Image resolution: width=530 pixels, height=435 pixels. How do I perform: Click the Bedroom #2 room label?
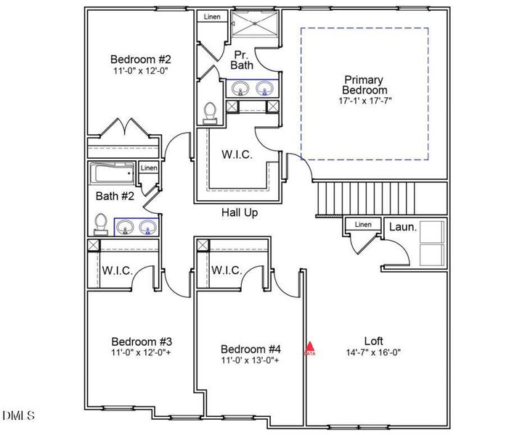[x=141, y=59]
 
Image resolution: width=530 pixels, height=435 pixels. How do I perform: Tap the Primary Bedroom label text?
[x=366, y=85]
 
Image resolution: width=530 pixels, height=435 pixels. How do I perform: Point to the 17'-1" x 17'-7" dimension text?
[x=366, y=100]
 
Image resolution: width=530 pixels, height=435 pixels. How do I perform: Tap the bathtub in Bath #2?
[x=112, y=174]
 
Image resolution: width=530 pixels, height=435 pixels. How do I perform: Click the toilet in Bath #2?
[x=102, y=223]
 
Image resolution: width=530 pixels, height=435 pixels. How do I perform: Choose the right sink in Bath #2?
[x=148, y=227]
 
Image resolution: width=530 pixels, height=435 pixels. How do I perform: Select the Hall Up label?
[x=240, y=212]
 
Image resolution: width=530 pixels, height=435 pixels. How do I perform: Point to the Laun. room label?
[x=403, y=227]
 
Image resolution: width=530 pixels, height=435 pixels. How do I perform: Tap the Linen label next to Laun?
[x=362, y=225]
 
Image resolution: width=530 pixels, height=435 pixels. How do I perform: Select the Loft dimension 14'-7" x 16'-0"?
[x=373, y=352]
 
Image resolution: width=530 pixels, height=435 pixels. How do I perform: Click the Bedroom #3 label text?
[x=142, y=341]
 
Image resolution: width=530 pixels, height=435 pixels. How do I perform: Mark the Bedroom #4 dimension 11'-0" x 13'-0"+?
[x=250, y=360]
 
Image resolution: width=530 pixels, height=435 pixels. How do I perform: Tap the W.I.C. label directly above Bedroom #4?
[x=227, y=270]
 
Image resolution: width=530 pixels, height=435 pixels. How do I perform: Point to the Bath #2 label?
[x=115, y=196]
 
